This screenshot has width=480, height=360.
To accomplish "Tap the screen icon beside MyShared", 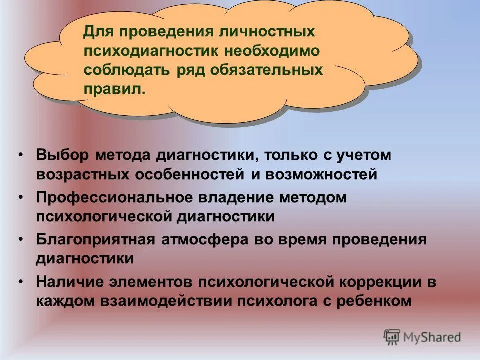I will pyautogui.click(x=392, y=337).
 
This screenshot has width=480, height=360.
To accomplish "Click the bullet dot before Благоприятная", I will pyautogui.click(x=22, y=239).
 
